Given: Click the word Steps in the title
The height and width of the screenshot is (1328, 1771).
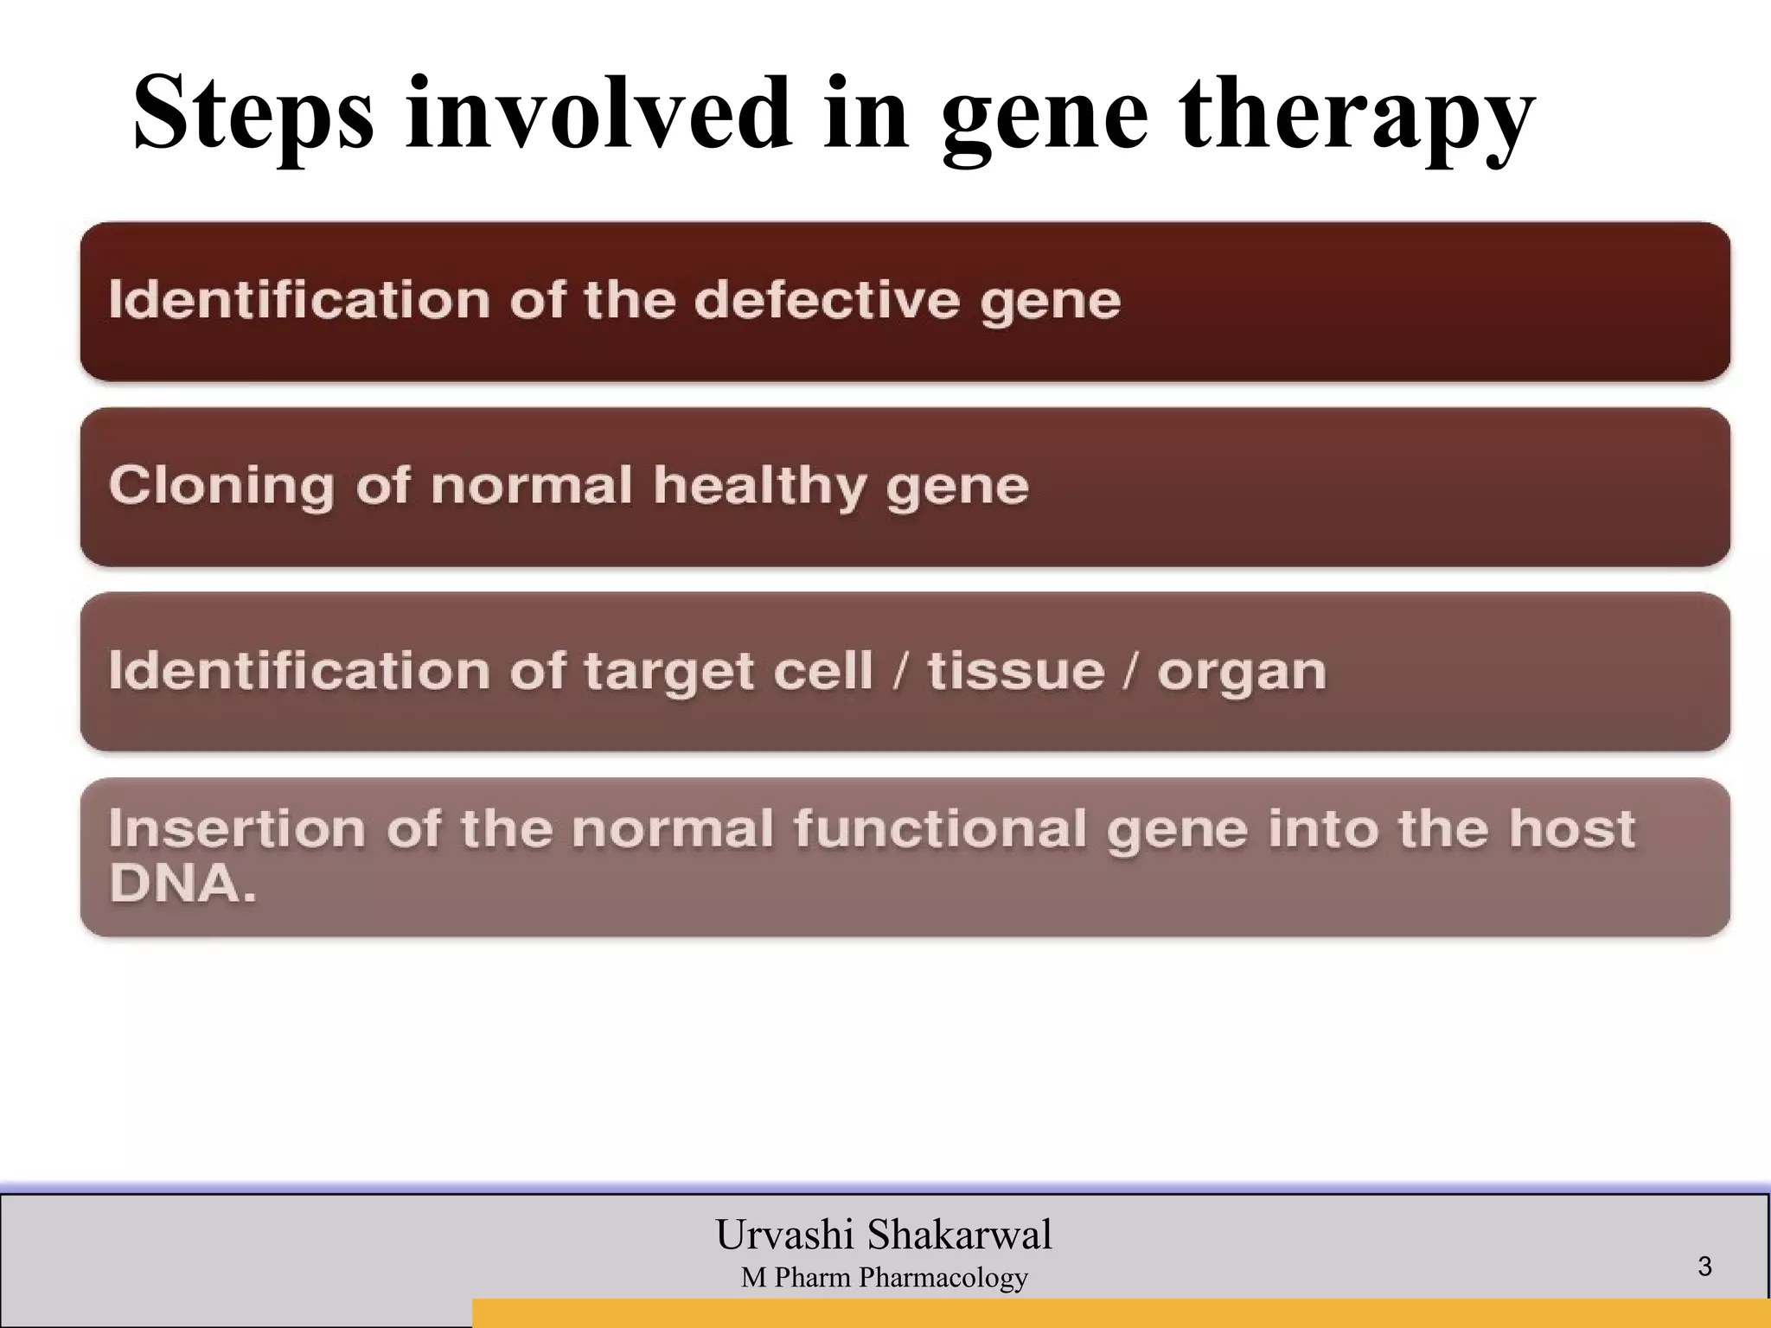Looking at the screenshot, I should [x=253, y=115].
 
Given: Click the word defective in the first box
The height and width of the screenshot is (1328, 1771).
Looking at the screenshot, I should [x=827, y=301].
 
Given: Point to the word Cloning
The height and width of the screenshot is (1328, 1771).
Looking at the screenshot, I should [x=221, y=486].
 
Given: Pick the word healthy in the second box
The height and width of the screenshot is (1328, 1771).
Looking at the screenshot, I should [x=759, y=486].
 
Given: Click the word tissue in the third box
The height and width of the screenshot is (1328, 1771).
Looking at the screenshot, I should [x=1016, y=672].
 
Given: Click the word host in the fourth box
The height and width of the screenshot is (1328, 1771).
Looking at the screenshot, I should [x=1572, y=829].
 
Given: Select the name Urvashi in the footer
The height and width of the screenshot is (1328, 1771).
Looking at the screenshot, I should [x=784, y=1235].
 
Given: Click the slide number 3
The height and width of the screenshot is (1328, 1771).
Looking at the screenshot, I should [x=1704, y=1267].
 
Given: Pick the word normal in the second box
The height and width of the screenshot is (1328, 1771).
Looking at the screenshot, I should [x=531, y=486].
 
